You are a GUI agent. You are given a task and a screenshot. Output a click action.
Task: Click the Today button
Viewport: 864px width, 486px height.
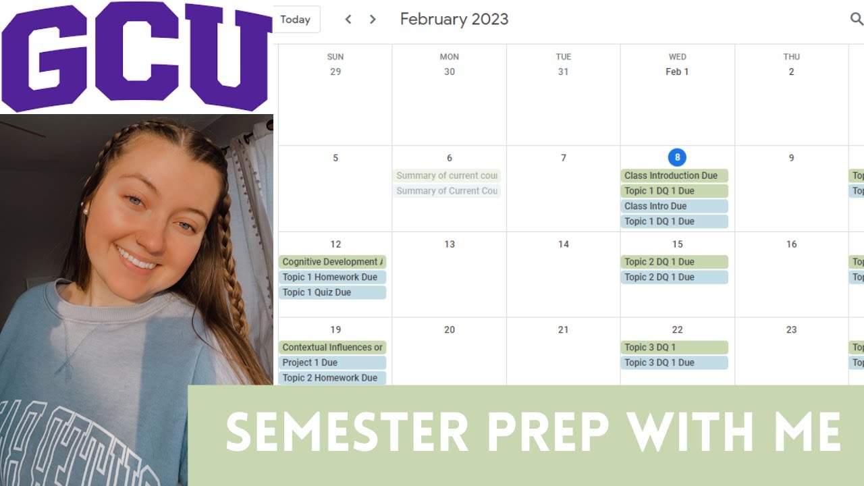pos(295,20)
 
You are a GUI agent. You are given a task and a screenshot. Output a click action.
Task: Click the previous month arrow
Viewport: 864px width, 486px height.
pos(348,20)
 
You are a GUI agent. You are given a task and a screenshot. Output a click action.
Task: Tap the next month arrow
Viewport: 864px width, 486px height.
pos(373,20)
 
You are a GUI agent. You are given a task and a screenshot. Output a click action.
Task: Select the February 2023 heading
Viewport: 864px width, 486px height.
pos(454,19)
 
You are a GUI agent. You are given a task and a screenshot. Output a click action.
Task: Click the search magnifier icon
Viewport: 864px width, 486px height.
pos(856,19)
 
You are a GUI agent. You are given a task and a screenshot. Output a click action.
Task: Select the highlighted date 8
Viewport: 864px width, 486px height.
pos(677,158)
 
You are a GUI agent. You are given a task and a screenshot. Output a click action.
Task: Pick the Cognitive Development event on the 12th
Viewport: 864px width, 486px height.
pos(332,262)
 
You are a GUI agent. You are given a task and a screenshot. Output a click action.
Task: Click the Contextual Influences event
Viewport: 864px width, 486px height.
pos(332,348)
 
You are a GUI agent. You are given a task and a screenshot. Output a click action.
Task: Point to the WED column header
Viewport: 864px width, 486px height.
pos(677,57)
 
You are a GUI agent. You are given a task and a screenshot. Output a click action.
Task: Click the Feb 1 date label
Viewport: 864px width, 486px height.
pos(677,72)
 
